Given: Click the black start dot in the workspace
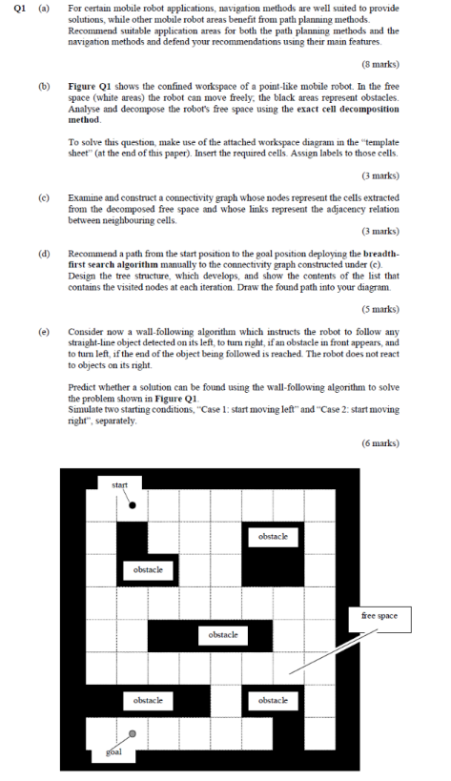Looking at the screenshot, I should coord(133,505).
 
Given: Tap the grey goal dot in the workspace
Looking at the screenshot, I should coord(133,733).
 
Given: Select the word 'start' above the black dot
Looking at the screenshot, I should coord(120,486).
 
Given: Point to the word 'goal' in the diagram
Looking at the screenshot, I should coord(113,751).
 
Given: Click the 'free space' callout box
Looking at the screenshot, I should coord(379,615).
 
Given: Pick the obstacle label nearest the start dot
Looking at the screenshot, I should coord(148,569).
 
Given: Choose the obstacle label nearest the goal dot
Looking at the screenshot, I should coord(148,700).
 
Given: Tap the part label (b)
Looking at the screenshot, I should coord(44,86).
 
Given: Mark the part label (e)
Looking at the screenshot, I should coord(44,329).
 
